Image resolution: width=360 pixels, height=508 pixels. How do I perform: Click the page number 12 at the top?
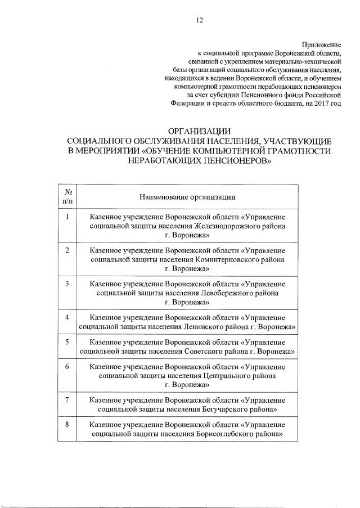199,20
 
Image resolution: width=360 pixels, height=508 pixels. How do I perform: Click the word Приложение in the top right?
322,44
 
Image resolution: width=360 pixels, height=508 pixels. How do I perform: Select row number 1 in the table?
67,217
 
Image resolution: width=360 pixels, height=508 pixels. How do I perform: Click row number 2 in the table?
67,250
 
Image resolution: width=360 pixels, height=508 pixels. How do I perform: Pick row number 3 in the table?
67,284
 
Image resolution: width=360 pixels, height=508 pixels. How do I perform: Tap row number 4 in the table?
67,317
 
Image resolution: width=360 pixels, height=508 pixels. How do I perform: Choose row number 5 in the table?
67,341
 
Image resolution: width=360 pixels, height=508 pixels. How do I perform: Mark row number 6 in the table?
67,366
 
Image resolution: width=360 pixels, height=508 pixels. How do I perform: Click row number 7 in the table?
67,399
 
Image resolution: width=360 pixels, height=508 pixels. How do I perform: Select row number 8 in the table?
67,424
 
